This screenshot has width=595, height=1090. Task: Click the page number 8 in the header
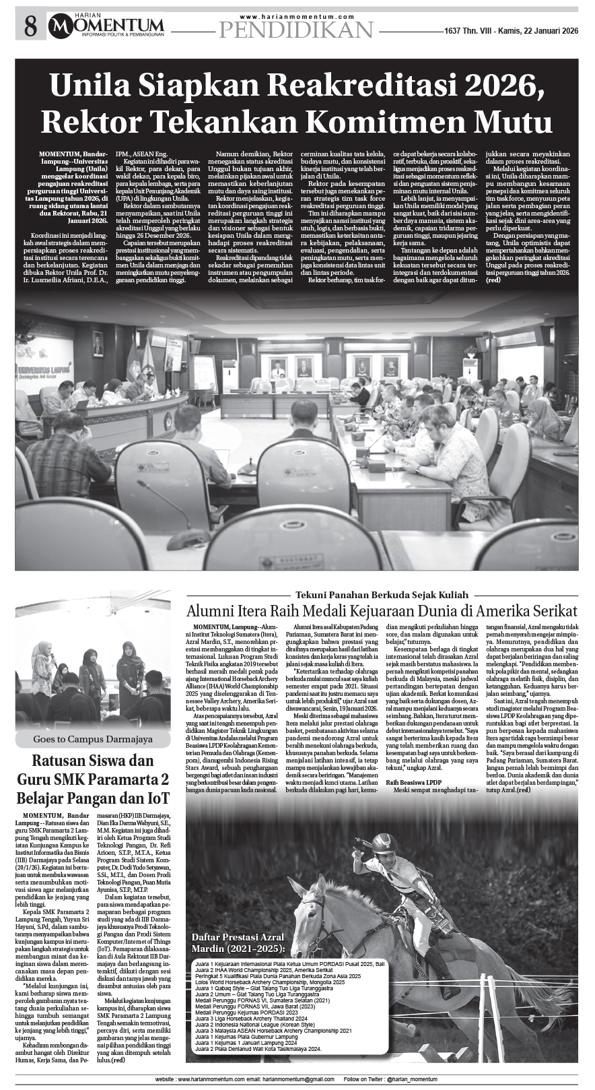tap(30, 27)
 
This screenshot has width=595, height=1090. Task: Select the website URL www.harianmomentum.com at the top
tap(297, 16)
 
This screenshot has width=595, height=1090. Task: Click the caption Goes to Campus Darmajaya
tap(93, 739)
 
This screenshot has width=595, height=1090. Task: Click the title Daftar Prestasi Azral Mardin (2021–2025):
tap(238, 943)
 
